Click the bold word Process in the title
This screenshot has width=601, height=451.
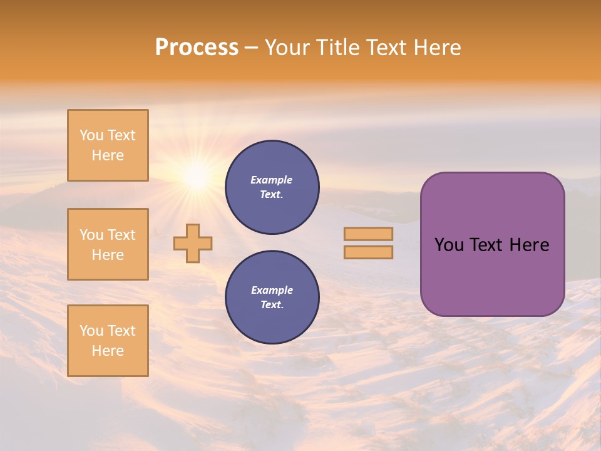[197, 48]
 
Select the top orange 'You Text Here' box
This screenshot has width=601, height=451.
[108, 145]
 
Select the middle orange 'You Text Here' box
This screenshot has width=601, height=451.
[108, 244]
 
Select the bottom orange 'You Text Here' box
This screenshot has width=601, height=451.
[108, 341]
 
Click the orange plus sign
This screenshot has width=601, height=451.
[193, 243]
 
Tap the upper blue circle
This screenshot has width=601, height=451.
[272, 187]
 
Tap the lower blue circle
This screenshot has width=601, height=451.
[272, 298]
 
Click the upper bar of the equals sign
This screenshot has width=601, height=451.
[368, 234]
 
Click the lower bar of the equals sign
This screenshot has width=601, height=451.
[368, 252]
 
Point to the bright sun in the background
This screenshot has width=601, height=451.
[197, 178]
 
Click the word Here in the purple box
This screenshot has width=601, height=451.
[529, 245]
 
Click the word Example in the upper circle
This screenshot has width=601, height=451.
[272, 180]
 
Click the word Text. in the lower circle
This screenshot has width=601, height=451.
[272, 305]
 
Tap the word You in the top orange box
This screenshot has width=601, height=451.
[91, 135]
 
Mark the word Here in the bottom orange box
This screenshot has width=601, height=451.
[108, 351]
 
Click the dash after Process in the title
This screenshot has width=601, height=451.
[251, 48]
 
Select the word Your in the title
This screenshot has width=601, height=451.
[289, 48]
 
